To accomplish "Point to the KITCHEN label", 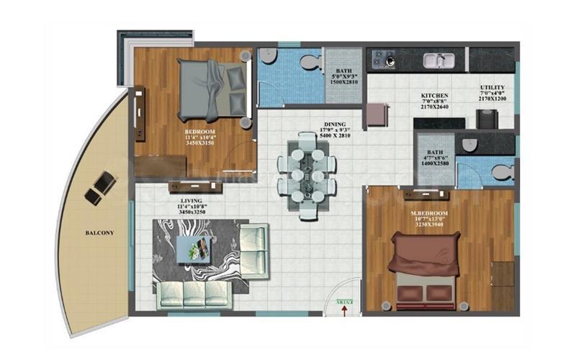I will [x=436, y=95].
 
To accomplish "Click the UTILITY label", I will [x=492, y=89].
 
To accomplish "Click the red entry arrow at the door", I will [x=344, y=310].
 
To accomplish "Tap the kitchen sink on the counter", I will [x=436, y=60].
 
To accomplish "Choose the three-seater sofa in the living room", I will [x=194, y=292].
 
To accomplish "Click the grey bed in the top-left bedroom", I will [x=210, y=89].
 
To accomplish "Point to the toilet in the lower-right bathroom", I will [x=500, y=171].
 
